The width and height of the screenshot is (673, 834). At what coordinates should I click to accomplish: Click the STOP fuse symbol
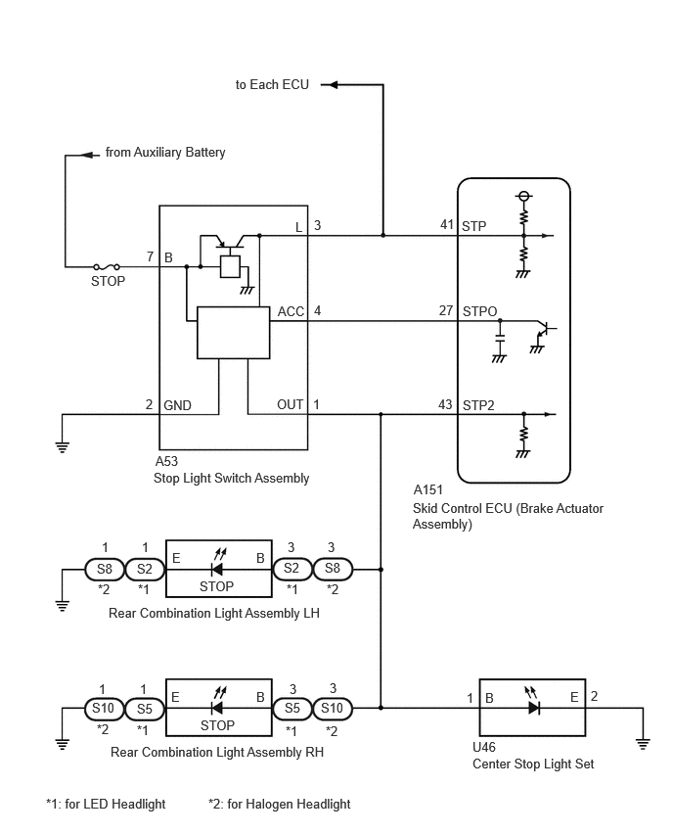[107, 266]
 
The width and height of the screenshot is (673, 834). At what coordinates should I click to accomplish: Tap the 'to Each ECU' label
[272, 84]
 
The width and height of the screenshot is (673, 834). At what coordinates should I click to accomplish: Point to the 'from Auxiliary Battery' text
[165, 153]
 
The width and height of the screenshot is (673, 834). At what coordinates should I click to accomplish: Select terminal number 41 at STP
[446, 225]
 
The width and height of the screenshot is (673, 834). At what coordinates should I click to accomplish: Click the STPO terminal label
[479, 311]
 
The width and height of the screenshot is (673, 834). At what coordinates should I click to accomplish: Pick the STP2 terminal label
[478, 405]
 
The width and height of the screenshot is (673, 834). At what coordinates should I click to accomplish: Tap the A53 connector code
[166, 461]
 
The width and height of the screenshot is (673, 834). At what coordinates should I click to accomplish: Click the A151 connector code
[427, 489]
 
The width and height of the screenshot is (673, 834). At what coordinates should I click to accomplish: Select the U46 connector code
[484, 747]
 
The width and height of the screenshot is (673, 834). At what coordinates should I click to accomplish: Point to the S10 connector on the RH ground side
[103, 709]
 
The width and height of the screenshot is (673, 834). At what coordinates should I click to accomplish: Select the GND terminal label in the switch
[177, 406]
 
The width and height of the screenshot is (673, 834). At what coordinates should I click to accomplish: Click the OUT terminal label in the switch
[290, 405]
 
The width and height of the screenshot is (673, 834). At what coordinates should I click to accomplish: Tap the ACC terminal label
[291, 311]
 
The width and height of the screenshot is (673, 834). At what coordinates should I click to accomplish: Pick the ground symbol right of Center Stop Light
[643, 744]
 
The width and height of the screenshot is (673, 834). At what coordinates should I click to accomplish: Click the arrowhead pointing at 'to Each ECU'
[329, 84]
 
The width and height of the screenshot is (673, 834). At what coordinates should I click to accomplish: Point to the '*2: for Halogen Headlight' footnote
[280, 805]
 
